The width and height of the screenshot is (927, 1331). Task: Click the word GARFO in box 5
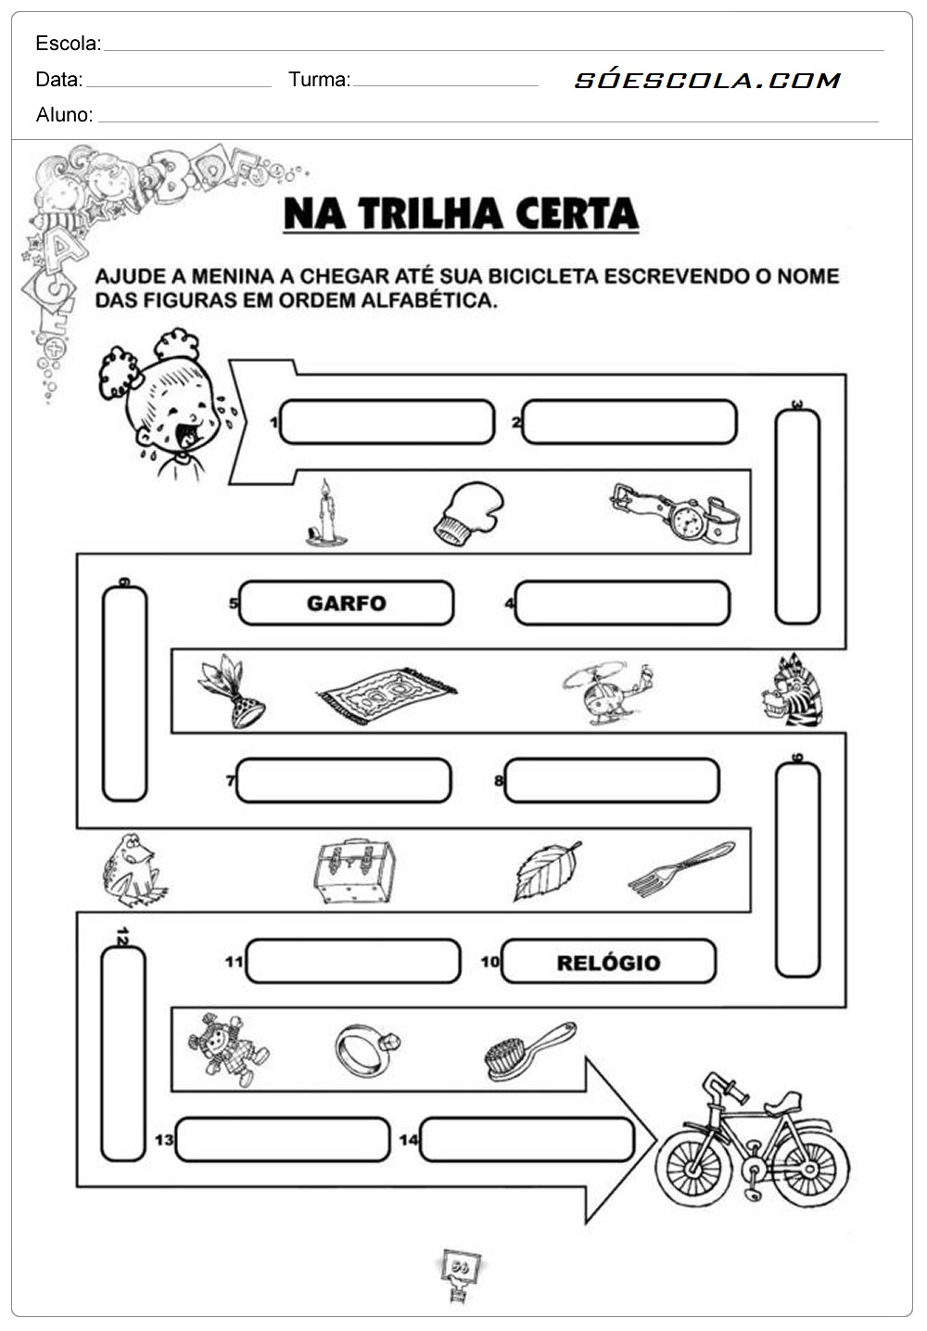click(346, 603)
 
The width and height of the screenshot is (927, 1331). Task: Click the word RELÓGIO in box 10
click(608, 962)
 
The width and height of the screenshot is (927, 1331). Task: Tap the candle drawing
click(325, 515)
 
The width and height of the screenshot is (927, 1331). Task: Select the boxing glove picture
click(469, 513)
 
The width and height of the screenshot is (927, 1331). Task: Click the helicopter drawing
click(607, 692)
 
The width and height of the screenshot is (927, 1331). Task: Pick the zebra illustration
click(794, 690)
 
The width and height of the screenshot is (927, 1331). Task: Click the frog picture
click(133, 869)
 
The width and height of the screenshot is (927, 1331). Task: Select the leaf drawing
click(547, 870)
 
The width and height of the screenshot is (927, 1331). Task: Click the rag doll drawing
click(227, 1048)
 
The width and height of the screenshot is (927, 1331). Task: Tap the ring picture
click(366, 1049)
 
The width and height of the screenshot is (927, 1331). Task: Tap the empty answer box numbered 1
click(387, 422)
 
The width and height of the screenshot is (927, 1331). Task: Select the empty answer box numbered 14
click(527, 1140)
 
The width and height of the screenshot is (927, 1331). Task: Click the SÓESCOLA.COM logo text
click(707, 81)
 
